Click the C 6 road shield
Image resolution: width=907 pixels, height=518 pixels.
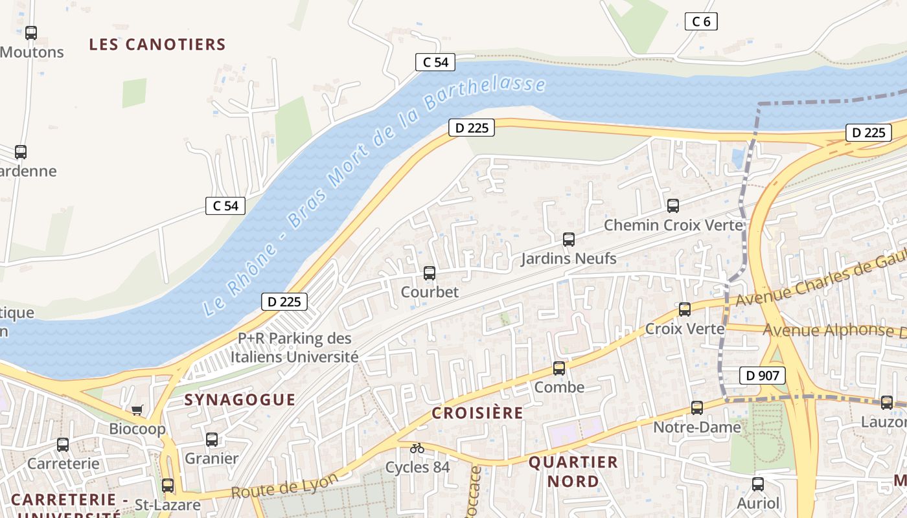[701, 21]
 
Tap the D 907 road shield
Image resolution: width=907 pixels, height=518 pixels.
[762, 375]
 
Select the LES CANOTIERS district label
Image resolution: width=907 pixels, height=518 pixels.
[157, 45]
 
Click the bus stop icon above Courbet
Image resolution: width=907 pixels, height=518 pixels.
[430, 273]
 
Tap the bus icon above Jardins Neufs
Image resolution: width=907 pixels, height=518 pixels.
[569, 240]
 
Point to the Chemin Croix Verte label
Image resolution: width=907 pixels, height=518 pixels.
[673, 225]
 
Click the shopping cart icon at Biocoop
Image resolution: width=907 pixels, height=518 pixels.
[137, 410]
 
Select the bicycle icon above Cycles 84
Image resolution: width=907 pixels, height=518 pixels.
[417, 448]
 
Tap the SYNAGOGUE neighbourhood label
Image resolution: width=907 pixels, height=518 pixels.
[240, 400]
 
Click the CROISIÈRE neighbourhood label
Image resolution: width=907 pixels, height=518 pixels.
[477, 413]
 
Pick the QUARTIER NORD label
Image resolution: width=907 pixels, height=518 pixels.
[573, 471]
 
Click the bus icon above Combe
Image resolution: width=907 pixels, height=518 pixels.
[559, 368]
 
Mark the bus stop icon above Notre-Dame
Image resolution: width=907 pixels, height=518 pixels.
[697, 408]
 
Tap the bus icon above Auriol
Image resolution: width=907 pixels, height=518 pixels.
[758, 484]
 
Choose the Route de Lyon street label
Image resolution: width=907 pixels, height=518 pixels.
[285, 486]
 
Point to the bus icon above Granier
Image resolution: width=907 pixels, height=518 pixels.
[212, 440]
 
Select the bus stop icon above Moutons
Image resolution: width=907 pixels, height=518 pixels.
[31, 33]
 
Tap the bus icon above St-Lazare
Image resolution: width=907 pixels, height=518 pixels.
[168, 486]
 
